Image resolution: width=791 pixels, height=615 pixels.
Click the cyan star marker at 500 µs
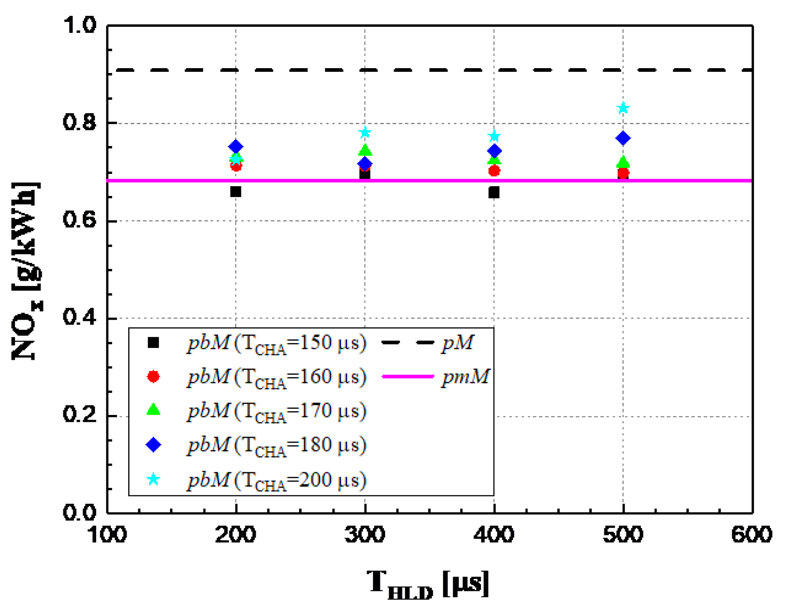623,108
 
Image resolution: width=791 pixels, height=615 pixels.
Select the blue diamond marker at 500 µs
623,138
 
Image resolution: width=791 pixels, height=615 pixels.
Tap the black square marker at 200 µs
235,191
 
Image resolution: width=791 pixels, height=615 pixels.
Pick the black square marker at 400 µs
494,192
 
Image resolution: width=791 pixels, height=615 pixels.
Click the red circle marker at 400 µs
494,171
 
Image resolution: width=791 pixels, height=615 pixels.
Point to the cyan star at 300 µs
365,132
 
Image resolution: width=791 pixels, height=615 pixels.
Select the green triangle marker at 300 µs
365,151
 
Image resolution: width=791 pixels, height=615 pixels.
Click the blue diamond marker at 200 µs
235,146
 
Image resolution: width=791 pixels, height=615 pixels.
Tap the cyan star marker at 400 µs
494,136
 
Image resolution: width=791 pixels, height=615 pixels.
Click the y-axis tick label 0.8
80,122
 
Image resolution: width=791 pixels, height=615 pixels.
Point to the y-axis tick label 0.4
80,317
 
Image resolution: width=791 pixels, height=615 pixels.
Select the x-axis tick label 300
364,535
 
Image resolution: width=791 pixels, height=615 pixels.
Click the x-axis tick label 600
752,535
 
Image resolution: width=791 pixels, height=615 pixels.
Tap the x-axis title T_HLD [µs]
428,584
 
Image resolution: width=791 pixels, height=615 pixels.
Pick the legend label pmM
466,376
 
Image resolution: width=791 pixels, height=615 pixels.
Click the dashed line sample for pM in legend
408,343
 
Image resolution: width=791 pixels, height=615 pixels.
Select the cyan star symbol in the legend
153,480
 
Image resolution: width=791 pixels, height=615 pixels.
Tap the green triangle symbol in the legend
153,410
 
